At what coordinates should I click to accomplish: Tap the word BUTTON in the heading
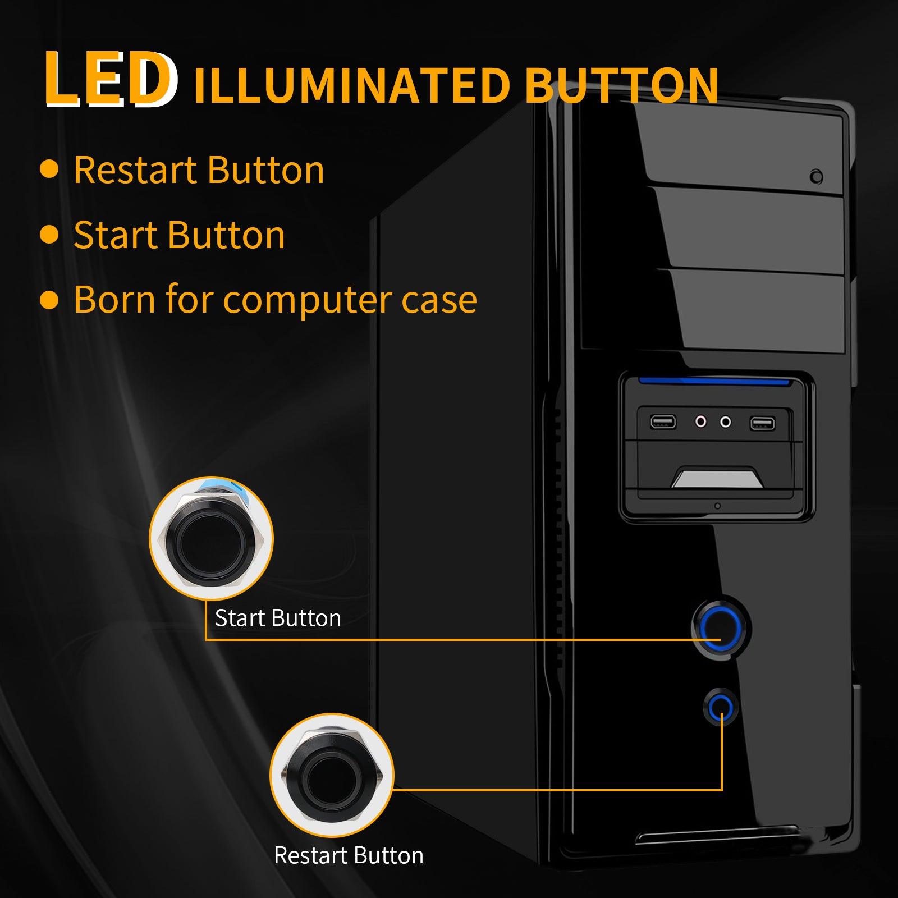tap(622, 86)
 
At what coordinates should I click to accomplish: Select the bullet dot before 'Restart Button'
tap(49, 169)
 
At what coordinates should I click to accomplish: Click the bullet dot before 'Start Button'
tap(49, 235)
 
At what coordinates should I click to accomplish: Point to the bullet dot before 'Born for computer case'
tap(49, 300)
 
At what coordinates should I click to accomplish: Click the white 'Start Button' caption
tap(278, 618)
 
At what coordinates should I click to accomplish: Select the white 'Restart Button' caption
tap(349, 855)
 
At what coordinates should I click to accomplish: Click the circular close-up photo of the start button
tap(211, 538)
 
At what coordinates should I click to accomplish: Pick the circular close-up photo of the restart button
tap(332, 776)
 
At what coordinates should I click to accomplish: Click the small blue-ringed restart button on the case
tap(720, 709)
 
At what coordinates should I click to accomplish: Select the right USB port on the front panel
tap(762, 423)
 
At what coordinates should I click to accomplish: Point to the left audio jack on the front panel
tap(700, 421)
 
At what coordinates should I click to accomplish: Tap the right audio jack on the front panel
tap(726, 421)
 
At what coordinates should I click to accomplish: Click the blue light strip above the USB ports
tap(713, 382)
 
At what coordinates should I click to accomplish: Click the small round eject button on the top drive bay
tap(817, 177)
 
